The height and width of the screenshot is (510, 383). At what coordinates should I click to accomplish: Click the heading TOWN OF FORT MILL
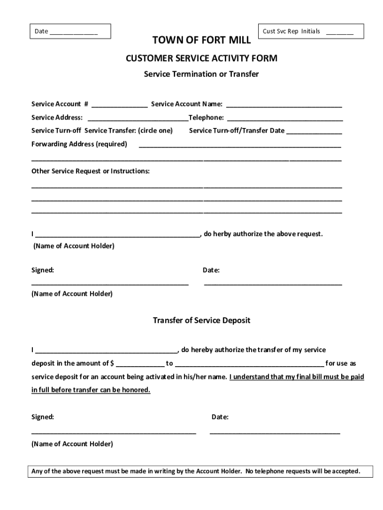[201, 41]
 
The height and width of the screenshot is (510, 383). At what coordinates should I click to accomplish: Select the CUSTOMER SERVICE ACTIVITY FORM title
[201, 59]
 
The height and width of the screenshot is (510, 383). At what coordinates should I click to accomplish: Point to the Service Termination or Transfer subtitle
[201, 74]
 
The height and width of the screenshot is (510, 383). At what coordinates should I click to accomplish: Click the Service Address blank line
[138, 119]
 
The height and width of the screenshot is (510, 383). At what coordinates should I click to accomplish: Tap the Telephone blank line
[285, 119]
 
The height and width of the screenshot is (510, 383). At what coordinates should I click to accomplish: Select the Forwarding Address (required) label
[79, 144]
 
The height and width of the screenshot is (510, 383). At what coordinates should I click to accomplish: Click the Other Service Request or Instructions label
[91, 171]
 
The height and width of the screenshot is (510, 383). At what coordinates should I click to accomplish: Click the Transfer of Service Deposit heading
[201, 321]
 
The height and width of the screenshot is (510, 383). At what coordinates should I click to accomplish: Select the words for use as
[341, 364]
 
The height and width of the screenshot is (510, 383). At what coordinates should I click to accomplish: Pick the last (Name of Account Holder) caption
[72, 444]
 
